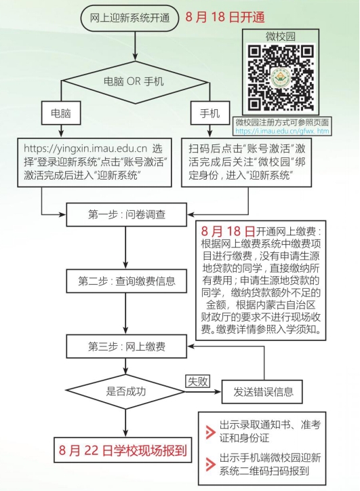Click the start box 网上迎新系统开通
pos(129,18)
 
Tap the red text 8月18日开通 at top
pos(225,17)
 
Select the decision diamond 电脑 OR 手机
pos(135,81)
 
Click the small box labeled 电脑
pos(61,113)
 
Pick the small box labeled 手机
pos(210,113)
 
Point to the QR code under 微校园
pos(281,78)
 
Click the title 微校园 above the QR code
pos(281,37)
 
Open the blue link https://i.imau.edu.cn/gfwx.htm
pos(282,131)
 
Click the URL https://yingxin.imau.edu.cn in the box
pos(85,149)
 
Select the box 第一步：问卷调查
pos(127,214)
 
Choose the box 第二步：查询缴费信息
pos(127,281)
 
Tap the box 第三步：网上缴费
pos(127,347)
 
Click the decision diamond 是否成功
pos(126,391)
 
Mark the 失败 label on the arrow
pos(197,381)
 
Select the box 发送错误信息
pos(262,392)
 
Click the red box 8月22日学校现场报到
pos(123,450)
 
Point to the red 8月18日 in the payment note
pos(228,231)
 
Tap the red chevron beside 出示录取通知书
pos(210,432)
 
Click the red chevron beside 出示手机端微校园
pos(210,465)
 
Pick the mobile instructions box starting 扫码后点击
pos(247,163)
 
